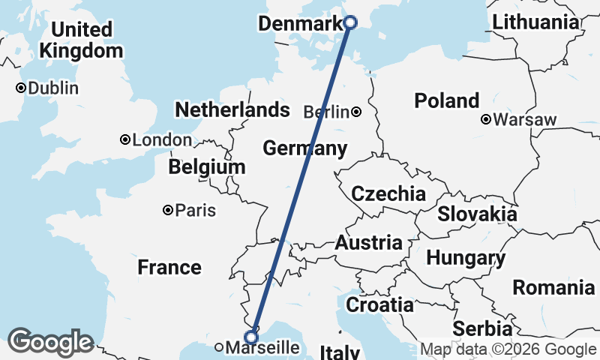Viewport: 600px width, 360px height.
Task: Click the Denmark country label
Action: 299,25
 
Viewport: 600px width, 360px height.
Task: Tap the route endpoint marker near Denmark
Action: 349,22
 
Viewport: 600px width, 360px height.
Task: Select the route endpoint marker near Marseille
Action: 252,337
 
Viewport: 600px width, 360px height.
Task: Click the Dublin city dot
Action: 22,88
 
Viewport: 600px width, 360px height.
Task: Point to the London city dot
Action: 125,139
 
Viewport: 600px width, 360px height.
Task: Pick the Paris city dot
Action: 168,211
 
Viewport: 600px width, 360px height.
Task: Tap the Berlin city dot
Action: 356,112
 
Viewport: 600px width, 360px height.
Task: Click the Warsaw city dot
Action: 486,119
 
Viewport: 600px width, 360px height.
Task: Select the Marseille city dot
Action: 218,347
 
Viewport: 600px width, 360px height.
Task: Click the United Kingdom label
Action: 82,40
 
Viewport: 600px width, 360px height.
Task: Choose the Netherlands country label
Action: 232,110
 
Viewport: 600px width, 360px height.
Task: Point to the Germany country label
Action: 304,148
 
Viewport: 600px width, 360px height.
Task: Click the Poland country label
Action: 447,100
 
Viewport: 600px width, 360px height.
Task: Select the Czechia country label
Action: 388,194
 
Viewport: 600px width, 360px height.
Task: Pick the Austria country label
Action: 368,243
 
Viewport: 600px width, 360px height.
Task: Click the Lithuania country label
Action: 535,22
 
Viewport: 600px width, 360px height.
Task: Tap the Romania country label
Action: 553,287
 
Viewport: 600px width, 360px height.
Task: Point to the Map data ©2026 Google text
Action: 508,349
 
